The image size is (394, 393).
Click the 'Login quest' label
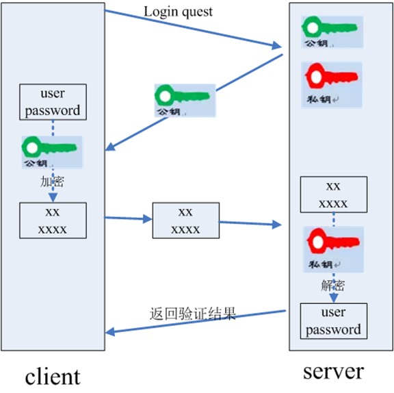(x=178, y=12)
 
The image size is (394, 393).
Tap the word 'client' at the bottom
(x=53, y=376)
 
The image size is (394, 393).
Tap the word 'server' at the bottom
(x=334, y=371)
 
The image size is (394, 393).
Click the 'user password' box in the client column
(x=53, y=102)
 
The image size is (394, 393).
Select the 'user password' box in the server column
(x=333, y=321)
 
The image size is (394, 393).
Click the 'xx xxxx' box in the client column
(x=53, y=220)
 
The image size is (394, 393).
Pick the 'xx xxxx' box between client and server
(x=185, y=220)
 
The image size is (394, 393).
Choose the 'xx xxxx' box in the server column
(x=333, y=194)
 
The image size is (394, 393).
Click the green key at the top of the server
(x=332, y=31)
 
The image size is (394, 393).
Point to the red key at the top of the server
(x=332, y=84)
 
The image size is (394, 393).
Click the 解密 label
(x=333, y=283)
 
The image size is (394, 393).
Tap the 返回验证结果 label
(x=192, y=314)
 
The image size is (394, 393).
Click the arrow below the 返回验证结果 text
(x=196, y=322)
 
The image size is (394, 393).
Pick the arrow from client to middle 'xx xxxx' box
(x=128, y=219)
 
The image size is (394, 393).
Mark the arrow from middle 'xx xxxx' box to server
(x=250, y=223)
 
